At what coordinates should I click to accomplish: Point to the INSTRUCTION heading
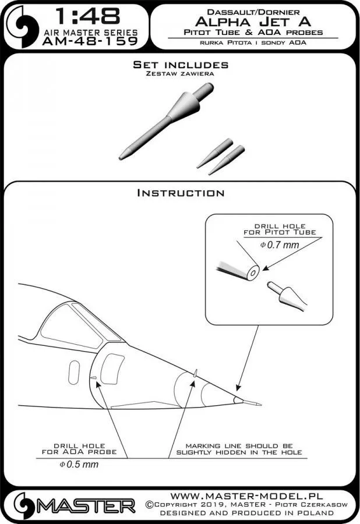pos(180,193)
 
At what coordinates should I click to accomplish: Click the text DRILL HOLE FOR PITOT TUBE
pos(284,228)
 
